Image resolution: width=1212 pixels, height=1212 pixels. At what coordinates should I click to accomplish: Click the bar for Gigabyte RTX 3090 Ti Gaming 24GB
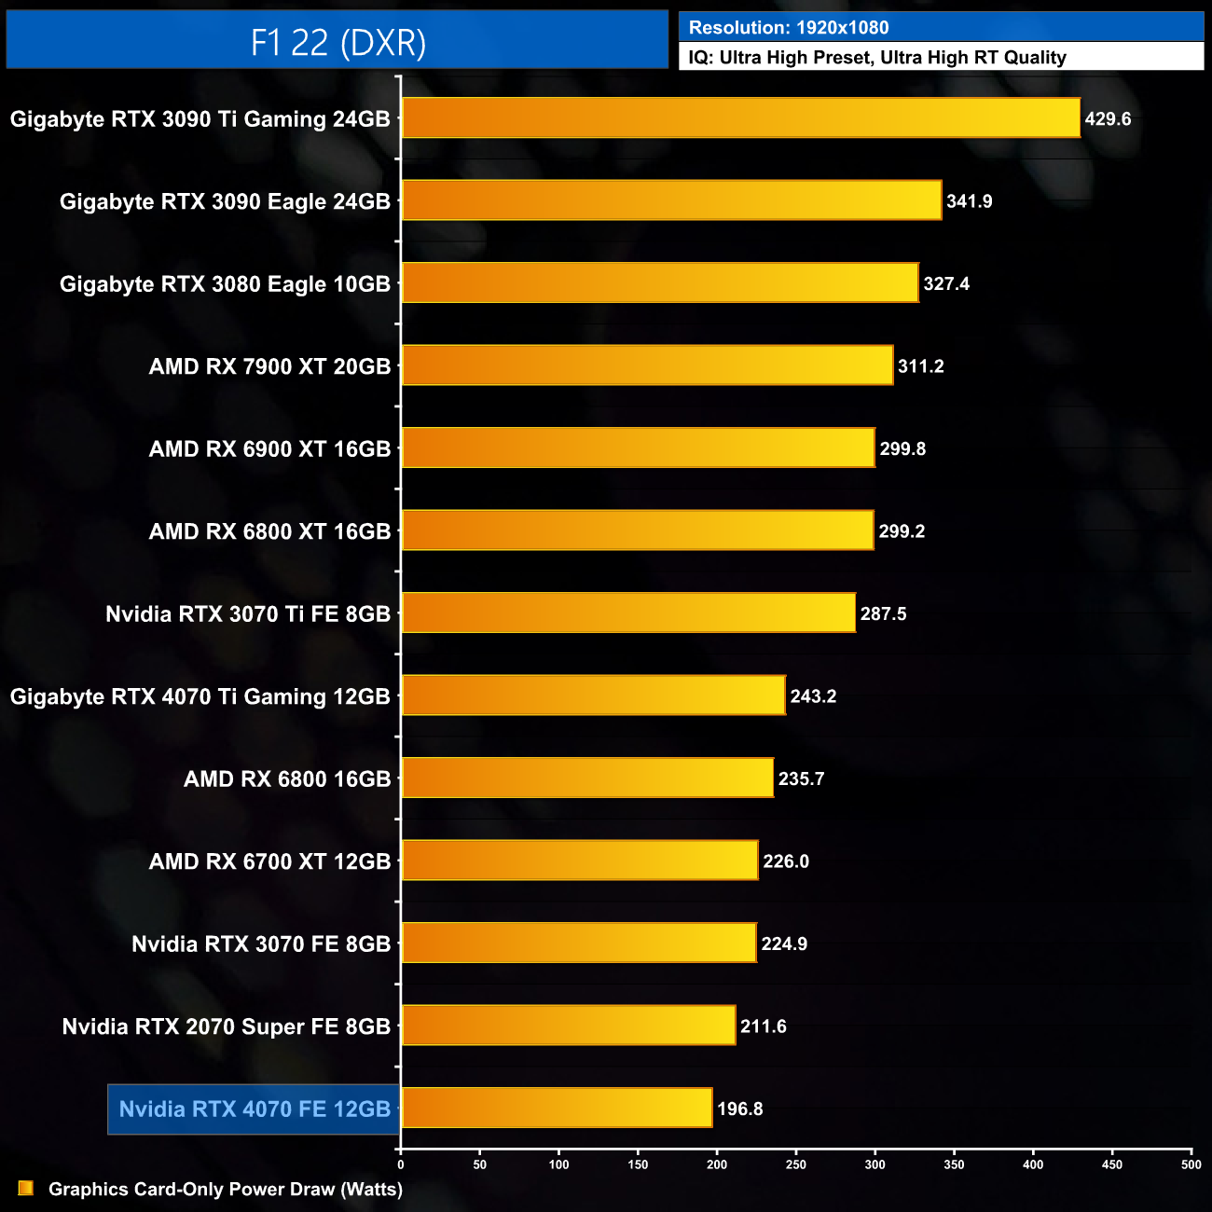point(740,118)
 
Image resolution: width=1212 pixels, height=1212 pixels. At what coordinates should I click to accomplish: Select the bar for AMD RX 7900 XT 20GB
point(647,365)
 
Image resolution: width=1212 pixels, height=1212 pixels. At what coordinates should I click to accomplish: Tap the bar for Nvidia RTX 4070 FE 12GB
point(557,1109)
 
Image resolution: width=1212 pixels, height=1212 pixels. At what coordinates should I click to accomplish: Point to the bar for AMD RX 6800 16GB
point(587,778)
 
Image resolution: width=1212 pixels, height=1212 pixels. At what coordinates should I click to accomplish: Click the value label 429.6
point(1108,119)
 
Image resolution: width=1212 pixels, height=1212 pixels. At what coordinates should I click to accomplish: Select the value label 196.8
point(740,1109)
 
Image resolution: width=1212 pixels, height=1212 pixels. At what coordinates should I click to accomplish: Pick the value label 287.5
point(883,614)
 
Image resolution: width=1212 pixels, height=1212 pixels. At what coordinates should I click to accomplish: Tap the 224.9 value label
point(784,944)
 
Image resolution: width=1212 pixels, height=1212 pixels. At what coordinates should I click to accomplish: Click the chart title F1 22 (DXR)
point(337,42)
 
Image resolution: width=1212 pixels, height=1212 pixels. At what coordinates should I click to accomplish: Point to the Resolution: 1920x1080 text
point(789,28)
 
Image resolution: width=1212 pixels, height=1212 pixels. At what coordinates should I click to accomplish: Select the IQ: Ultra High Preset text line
point(877,58)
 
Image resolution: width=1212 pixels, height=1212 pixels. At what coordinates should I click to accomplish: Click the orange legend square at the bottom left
point(26,1188)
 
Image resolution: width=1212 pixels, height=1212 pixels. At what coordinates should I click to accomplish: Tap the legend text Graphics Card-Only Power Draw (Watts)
point(226,1190)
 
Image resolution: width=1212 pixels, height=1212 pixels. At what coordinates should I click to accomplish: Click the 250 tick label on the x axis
point(796,1164)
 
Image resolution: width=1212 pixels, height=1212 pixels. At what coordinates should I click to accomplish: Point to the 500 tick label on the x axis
point(1191,1164)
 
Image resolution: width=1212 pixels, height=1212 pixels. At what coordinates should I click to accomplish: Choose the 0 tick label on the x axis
point(401,1164)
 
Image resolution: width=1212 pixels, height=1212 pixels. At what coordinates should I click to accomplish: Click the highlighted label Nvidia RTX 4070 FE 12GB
point(255,1109)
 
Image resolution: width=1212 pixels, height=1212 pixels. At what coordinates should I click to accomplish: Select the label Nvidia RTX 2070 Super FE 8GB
point(227,1026)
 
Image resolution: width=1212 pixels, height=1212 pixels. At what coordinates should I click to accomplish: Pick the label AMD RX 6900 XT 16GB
point(269,449)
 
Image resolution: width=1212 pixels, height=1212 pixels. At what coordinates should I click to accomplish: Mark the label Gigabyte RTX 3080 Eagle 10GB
point(225,284)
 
